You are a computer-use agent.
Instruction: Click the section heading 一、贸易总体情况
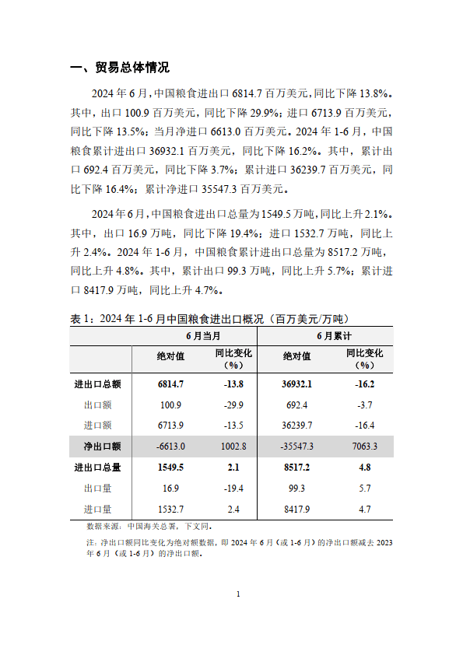(x=120, y=68)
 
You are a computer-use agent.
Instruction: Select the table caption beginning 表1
(x=210, y=318)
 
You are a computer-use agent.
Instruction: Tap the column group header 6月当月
(x=203, y=336)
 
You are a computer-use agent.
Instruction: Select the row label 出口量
(x=98, y=489)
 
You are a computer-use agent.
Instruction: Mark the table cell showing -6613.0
(x=170, y=447)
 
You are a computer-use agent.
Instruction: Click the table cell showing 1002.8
(x=233, y=447)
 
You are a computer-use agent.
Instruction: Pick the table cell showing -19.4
(x=233, y=489)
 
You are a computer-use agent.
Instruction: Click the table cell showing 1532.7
(x=170, y=510)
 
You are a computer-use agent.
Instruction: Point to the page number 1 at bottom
(x=238, y=595)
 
